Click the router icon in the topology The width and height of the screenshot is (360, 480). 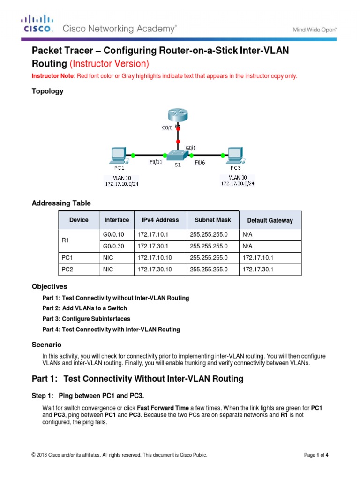[178, 116]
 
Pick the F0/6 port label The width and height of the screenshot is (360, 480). [199, 163]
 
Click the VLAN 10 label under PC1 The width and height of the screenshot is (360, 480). [122, 178]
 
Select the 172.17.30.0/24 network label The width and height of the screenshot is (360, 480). [238, 183]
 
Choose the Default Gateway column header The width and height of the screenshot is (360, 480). [270, 220]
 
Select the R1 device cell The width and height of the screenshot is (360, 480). [66, 240]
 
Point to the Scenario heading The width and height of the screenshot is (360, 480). [46, 345]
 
